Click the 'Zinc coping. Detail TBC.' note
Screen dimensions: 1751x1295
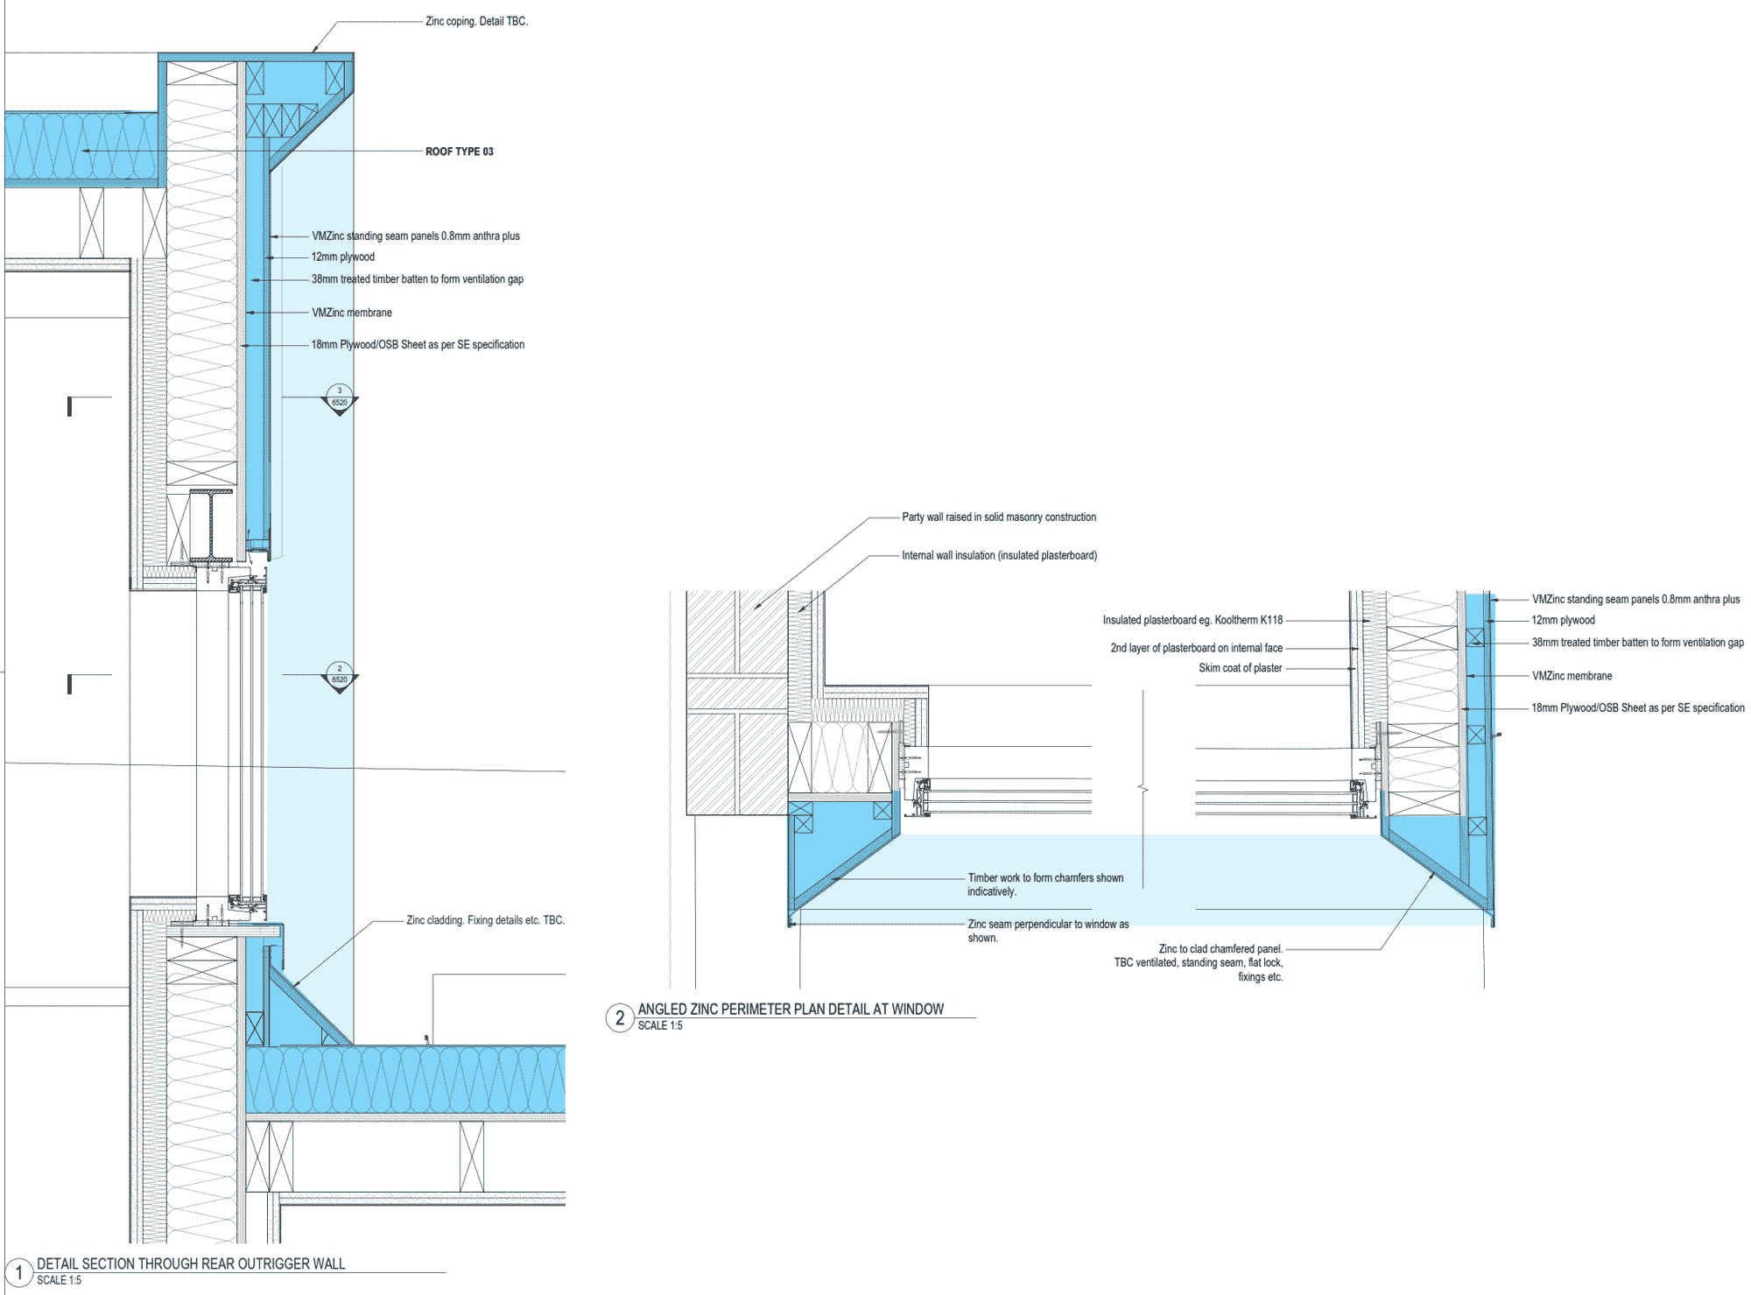pos(476,21)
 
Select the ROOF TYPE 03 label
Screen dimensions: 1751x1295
pos(459,151)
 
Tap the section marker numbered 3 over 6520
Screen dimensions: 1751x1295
pos(340,398)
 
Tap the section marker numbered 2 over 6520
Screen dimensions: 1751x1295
pos(340,676)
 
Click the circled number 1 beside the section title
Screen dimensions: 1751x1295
pos(18,1271)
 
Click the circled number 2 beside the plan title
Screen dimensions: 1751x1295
pos(620,1017)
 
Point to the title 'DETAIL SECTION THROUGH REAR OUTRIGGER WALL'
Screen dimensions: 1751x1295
pos(191,1263)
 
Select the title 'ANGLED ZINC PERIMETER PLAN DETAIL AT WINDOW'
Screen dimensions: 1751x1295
pos(791,1009)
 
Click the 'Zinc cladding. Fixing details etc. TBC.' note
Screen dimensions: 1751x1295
pos(485,920)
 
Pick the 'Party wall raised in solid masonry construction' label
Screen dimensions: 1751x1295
pos(999,517)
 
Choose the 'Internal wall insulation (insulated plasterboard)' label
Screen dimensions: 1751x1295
pos(999,555)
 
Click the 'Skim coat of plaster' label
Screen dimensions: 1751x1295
pos(1240,668)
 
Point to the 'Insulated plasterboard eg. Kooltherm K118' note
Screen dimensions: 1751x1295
pos(1192,620)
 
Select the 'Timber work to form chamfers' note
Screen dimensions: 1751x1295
pos(1045,884)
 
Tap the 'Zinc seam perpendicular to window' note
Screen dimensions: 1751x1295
pos(1048,931)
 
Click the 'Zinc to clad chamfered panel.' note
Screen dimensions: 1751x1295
pos(1220,949)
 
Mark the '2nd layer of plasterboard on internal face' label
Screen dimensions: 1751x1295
pos(1196,648)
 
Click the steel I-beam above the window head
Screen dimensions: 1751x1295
pos(211,525)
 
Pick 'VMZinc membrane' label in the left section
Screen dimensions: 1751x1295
pos(352,313)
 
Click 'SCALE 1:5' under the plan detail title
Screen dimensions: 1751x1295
pos(660,1025)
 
